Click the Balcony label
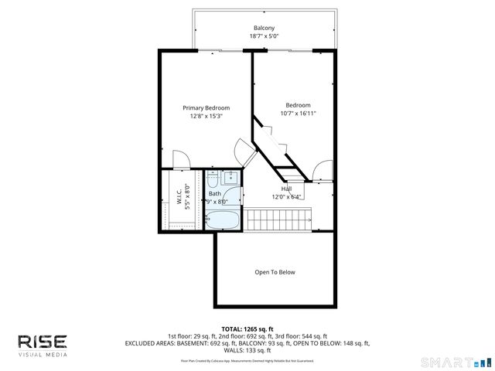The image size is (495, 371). tap(264, 28)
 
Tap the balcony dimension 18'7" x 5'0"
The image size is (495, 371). tap(264, 36)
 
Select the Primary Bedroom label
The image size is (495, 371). tap(206, 107)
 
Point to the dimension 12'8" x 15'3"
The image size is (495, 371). tap(206, 116)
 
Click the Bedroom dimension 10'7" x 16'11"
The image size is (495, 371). tap(298, 113)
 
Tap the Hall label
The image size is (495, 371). tap(286, 189)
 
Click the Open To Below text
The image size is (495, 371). tap(275, 272)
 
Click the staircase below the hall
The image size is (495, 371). tap(278, 220)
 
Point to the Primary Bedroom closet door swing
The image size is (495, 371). tap(179, 158)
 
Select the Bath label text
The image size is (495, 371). tap(225, 193)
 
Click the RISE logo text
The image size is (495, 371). tap(43, 341)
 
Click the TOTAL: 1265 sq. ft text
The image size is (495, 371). tap(247, 329)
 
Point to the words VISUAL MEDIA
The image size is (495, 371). tap(43, 355)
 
